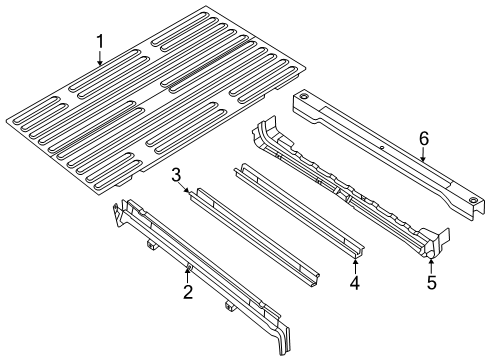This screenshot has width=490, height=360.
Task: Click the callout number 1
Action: (100, 41)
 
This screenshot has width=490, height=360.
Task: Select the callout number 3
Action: (175, 176)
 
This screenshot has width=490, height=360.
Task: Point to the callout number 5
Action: (432, 284)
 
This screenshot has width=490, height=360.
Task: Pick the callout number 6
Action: (423, 137)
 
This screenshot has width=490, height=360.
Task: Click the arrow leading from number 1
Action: (100, 57)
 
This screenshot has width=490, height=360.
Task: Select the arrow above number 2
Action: (187, 273)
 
